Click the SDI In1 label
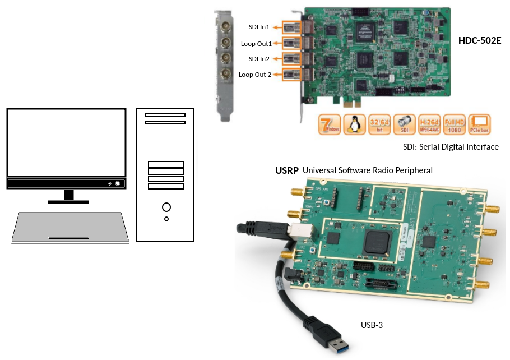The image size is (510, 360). [259, 27]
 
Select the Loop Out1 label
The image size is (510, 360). [256, 43]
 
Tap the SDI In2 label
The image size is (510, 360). [259, 59]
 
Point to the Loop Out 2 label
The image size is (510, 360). [255, 75]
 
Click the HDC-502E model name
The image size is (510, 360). [479, 41]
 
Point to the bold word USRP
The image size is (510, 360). [286, 170]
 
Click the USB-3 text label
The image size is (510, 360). [372, 325]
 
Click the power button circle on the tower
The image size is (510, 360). [166, 207]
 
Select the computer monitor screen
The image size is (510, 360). [66, 142]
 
